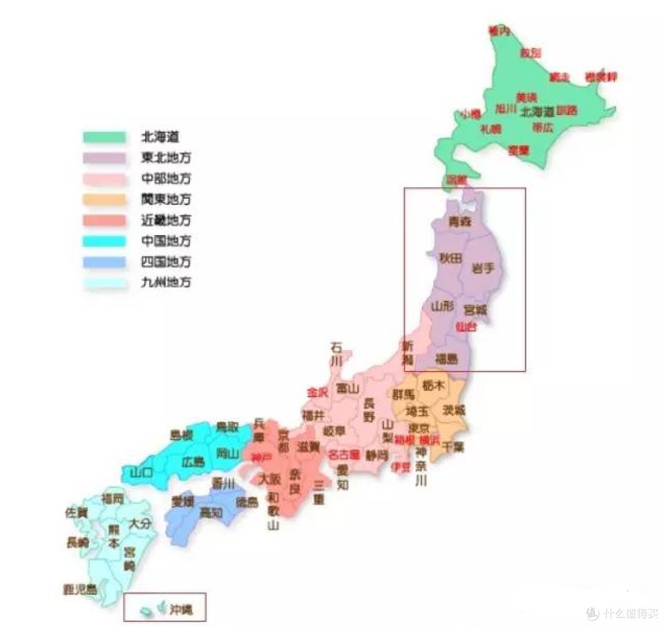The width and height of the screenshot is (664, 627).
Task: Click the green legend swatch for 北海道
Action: coord(105,137)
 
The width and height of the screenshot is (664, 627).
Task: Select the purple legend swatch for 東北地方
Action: coord(105,158)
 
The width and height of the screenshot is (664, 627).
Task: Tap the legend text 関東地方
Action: coord(165,199)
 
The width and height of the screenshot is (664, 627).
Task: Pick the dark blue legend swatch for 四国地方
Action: coord(105,262)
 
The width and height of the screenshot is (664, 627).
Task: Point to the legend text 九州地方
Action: coord(165,283)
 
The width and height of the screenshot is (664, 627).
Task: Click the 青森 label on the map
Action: coord(459,222)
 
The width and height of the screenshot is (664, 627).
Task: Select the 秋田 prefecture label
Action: coord(450,259)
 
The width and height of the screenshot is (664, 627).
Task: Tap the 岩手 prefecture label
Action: coord(483,268)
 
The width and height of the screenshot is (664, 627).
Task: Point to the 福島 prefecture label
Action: coord(446,359)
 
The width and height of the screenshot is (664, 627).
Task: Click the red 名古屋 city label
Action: coord(344,455)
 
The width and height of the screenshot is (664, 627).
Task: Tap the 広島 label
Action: coord(193,461)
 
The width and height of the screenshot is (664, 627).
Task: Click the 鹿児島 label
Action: coord(80,589)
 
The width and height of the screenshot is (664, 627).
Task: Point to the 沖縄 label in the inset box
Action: coord(180,611)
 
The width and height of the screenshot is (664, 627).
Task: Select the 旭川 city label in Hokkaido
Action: coord(505,109)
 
